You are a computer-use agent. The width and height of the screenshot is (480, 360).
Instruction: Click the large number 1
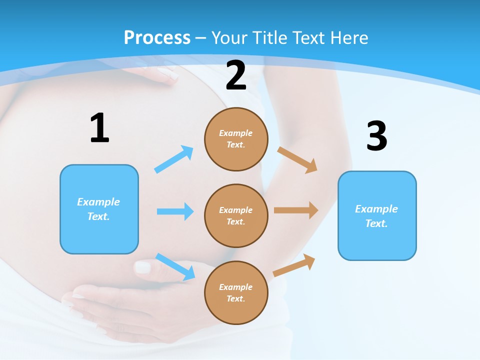[x=99, y=128]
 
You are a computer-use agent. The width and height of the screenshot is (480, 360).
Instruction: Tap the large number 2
[x=236, y=76]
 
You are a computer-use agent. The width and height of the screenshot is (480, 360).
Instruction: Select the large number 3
[x=376, y=136]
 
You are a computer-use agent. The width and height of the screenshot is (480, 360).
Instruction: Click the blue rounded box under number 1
[x=99, y=209]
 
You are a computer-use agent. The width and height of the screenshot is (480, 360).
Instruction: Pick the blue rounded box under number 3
[x=377, y=215]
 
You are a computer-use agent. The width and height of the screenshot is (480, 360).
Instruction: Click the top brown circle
[x=236, y=139]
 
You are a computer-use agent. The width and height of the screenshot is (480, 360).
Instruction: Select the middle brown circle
[x=236, y=215]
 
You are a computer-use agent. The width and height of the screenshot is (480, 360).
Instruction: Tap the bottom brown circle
[x=236, y=292]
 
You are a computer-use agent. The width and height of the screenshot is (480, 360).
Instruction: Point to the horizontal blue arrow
[x=175, y=211]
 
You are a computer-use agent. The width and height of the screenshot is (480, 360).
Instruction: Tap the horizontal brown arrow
[x=296, y=210]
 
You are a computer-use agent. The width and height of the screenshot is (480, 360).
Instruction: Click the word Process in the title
[x=157, y=37]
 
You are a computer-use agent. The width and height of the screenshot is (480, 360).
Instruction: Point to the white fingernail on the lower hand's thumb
[x=143, y=267]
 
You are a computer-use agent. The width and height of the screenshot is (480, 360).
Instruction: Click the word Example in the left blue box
[x=98, y=202]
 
